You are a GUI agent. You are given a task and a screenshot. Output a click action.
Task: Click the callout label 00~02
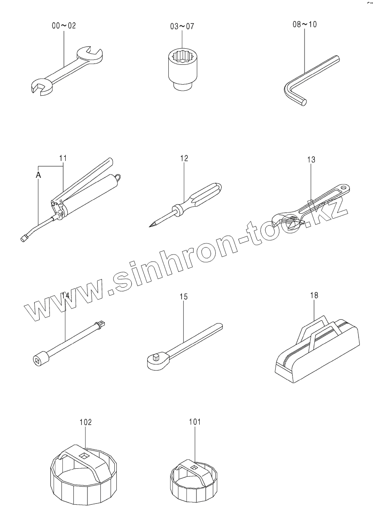click(64, 26)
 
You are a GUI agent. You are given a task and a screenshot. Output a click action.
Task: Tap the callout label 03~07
click(182, 26)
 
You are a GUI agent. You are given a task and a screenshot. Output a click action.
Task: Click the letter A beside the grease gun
click(38, 175)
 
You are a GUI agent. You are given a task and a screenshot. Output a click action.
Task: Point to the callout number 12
click(184, 158)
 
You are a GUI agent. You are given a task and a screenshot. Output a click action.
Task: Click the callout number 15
click(184, 296)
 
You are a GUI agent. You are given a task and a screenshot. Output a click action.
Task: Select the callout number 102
click(85, 422)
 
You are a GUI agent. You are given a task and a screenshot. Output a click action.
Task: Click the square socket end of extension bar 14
click(38, 360)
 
